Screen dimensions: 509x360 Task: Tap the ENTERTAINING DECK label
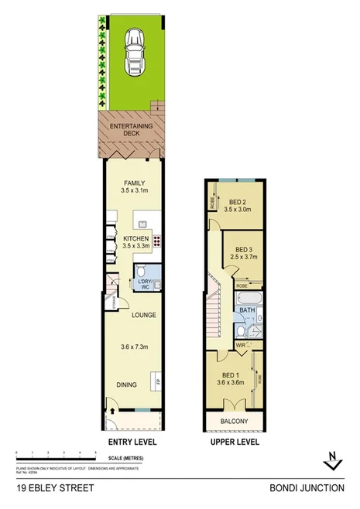pos(131,128)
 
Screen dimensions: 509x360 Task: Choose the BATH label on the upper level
pos(247,311)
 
